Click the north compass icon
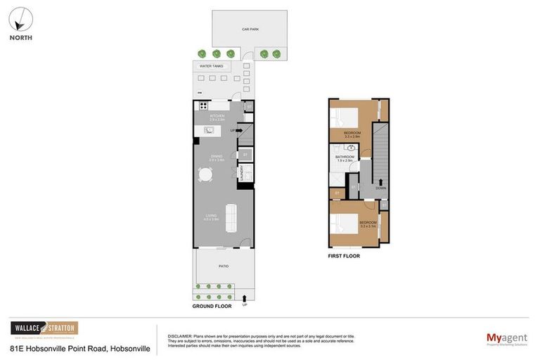pyautogui.click(x=21, y=19)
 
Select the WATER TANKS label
pyautogui.click(x=211, y=67)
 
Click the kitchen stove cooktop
pyautogui.click(x=203, y=106)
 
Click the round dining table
pyautogui.click(x=205, y=174)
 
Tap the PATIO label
pyautogui.click(x=223, y=266)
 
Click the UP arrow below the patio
pyautogui.click(x=244, y=300)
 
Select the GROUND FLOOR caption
pyautogui.click(x=212, y=307)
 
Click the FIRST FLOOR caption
pyautogui.click(x=344, y=256)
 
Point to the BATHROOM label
pyautogui.click(x=345, y=157)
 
